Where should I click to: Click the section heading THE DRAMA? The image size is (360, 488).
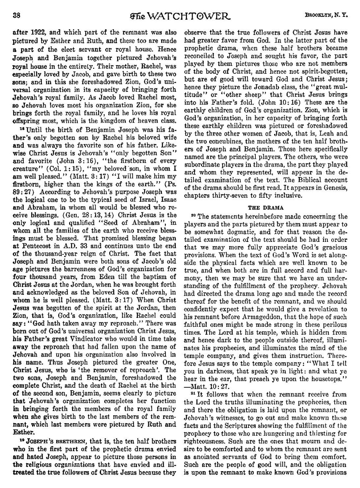pos(266,207)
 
